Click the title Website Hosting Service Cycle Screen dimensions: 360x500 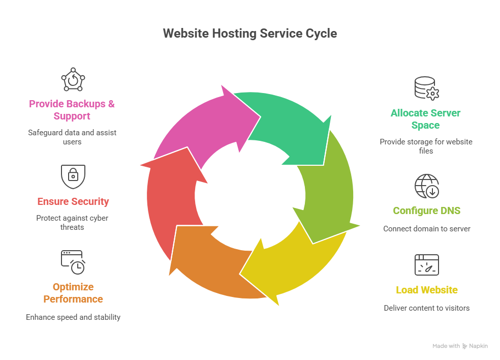point(249,34)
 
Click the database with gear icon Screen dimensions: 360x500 point(426,88)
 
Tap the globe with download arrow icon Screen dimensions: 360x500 point(426,186)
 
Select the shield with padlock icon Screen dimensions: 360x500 point(73,176)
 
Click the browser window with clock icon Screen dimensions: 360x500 point(73,262)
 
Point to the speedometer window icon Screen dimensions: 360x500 point(426,265)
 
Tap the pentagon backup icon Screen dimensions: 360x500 point(73,79)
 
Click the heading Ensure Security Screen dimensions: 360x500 point(73,201)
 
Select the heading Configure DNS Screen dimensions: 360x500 point(426,211)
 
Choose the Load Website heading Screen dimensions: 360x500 point(426,290)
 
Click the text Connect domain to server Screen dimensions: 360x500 point(426,229)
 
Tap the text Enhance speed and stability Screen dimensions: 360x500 point(73,317)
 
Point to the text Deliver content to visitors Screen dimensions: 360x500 point(426,308)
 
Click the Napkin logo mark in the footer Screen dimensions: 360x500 point(464,346)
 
